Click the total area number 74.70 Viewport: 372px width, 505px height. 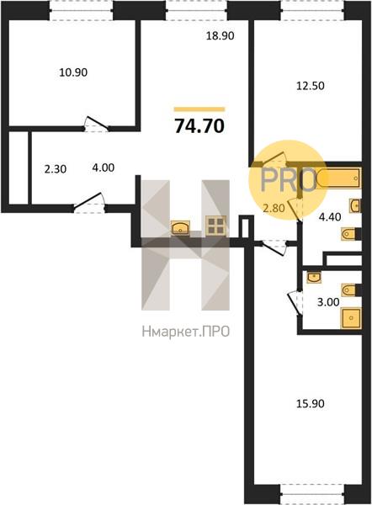click(x=199, y=126)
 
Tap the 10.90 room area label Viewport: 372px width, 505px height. click(x=73, y=72)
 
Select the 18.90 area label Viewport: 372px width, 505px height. click(x=220, y=35)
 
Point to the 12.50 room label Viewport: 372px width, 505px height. click(x=311, y=86)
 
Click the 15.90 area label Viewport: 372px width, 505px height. click(x=311, y=403)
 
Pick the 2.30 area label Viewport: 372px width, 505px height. click(x=56, y=169)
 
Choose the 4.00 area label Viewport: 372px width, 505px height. click(x=104, y=167)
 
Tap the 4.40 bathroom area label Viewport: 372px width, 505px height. click(x=330, y=217)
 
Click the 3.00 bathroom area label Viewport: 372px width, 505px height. click(x=328, y=302)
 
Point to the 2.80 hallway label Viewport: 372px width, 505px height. click(x=274, y=209)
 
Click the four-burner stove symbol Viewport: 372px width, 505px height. click(x=215, y=225)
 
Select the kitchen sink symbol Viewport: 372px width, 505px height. click(x=181, y=227)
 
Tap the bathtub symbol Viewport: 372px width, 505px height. click(x=338, y=178)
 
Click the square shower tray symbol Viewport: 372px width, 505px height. click(x=351, y=318)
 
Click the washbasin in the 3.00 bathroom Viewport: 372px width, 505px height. click(x=314, y=278)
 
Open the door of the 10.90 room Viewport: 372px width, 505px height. click(x=96, y=124)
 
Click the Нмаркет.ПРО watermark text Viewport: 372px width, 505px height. click(x=185, y=331)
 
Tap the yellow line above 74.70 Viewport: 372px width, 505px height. click(x=199, y=109)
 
